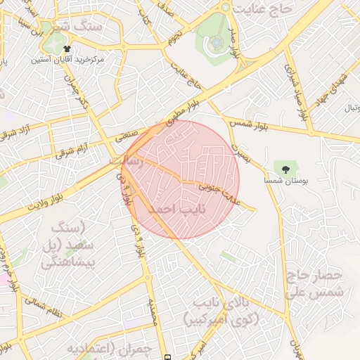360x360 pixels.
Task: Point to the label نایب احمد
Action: (166, 210)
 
